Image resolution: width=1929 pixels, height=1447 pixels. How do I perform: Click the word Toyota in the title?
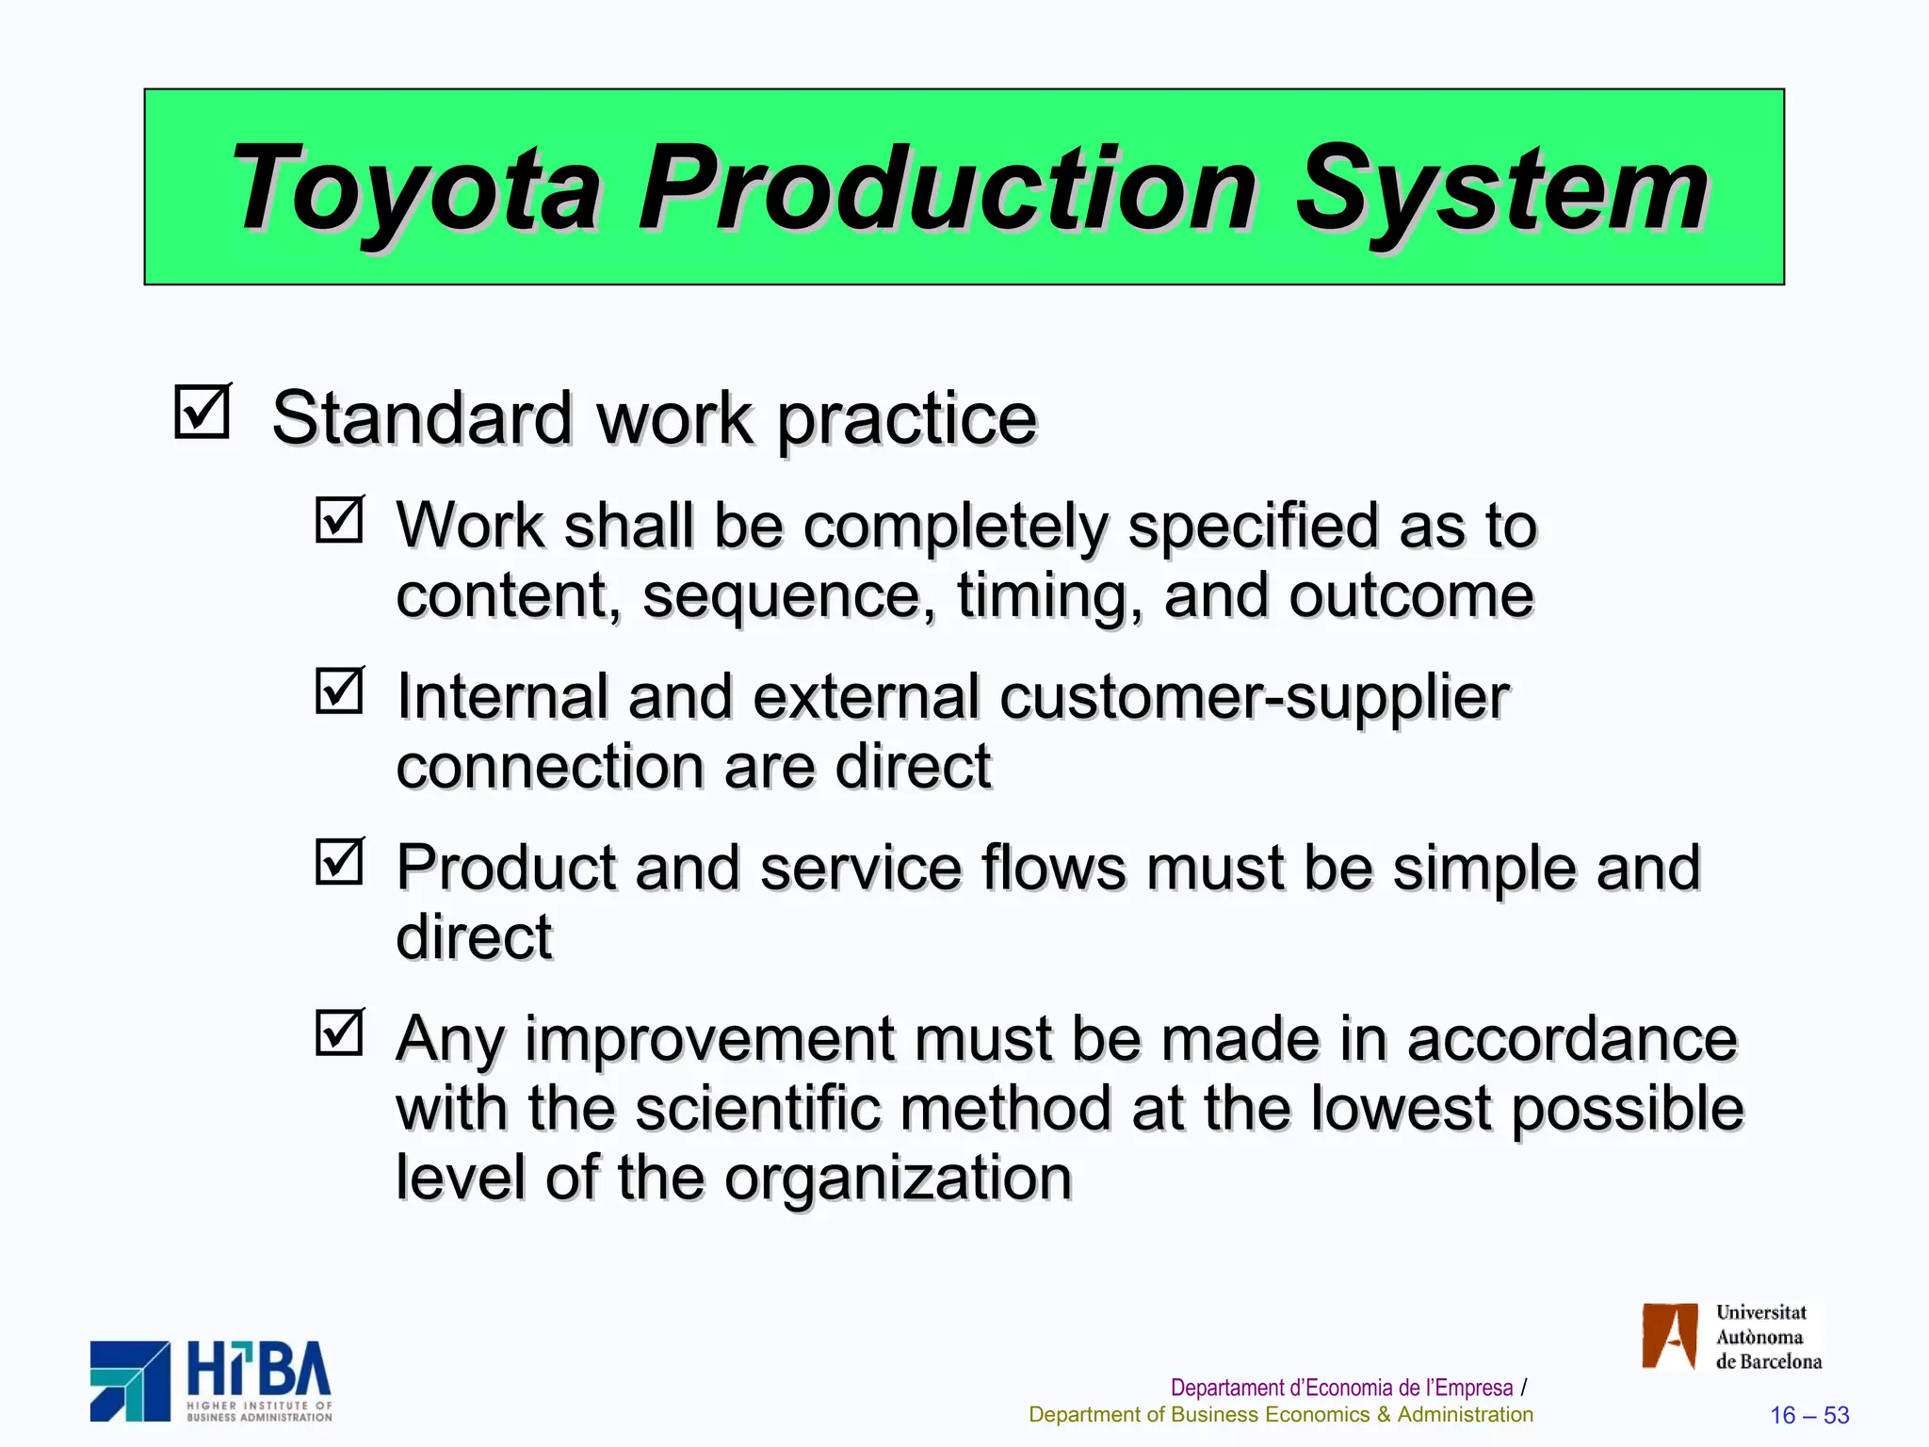414,188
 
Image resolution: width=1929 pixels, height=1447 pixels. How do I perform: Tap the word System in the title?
1501,188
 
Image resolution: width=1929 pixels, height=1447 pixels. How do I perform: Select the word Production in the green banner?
947,188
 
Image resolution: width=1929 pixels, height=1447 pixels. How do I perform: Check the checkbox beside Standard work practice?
203,412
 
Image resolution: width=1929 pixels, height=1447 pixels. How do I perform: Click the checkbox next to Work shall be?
339,519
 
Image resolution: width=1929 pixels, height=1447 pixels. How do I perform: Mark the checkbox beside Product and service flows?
339,861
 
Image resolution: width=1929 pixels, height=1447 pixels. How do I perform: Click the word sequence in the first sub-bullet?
789,597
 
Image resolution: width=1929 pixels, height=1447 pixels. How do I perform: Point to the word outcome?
1411,597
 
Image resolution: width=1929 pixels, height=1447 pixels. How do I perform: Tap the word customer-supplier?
1255,698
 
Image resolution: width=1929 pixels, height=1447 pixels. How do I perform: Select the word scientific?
758,1109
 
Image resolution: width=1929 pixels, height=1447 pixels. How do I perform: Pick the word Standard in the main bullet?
422,418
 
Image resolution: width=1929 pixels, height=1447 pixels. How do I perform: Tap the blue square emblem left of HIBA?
130,1381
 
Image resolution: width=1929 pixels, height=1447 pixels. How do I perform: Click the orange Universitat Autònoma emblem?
1669,1335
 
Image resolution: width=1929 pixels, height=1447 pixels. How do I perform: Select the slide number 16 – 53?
1809,1415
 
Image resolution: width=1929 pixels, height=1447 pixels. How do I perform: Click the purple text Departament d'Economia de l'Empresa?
1341,1388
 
